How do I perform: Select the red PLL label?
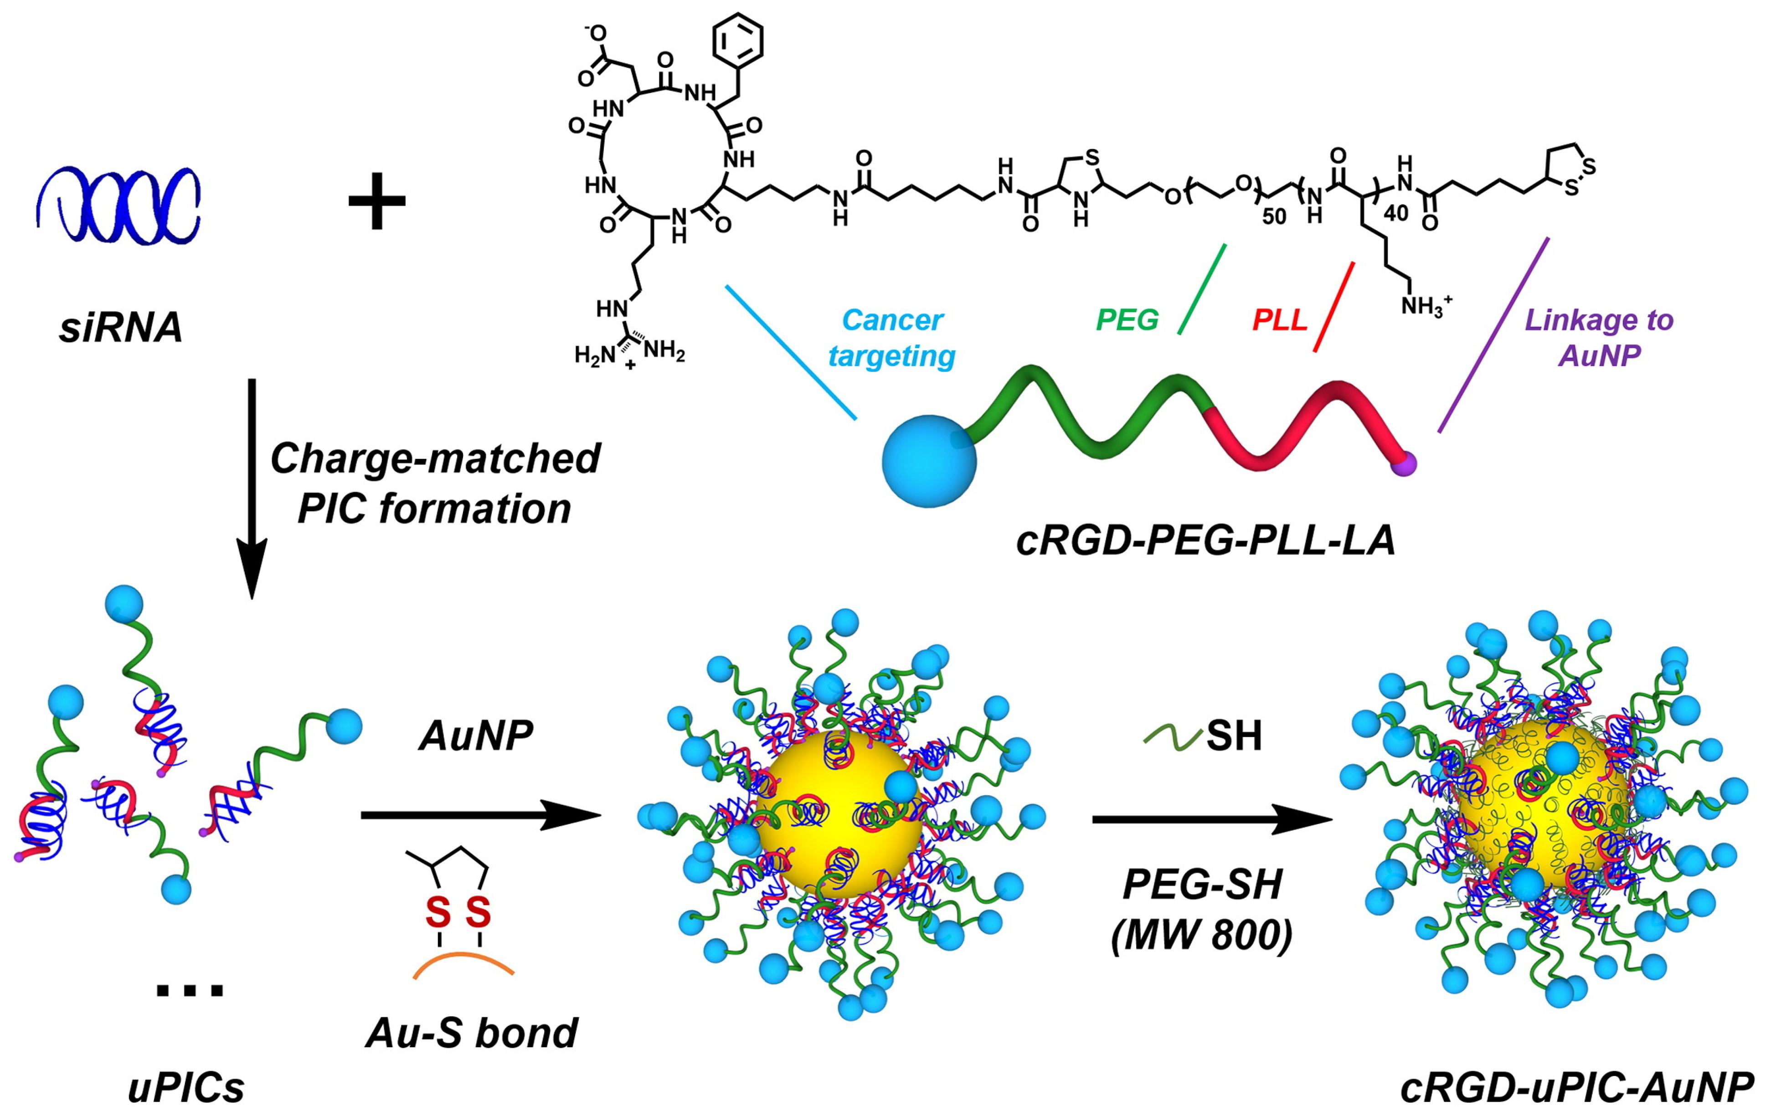[1280, 320]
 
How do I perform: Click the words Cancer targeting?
[891, 338]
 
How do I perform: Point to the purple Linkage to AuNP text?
[1600, 338]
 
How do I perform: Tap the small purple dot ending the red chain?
[1404, 465]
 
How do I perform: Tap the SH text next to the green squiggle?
[1234, 736]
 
